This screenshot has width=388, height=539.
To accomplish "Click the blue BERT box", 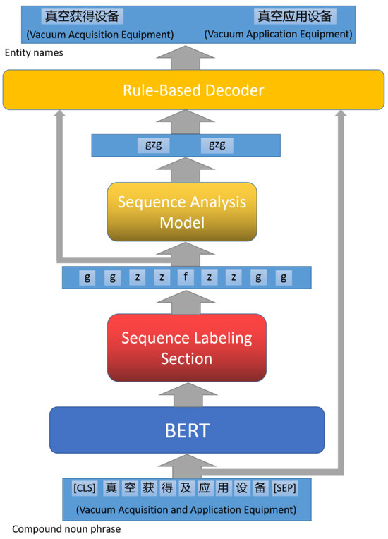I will [186, 430].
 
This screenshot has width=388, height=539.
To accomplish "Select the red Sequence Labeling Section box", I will [186, 348].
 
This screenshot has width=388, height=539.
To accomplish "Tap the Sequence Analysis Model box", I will [182, 212].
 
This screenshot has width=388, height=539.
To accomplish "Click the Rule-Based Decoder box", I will [193, 90].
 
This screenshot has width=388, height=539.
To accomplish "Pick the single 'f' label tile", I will [186, 277].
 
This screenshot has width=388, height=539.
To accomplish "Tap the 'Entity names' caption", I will [33, 53].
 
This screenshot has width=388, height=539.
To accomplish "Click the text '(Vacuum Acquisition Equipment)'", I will [99, 34].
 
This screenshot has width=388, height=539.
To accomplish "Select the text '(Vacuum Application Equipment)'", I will [278, 34].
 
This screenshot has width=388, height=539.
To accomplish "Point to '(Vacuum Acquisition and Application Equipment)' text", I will [186, 509].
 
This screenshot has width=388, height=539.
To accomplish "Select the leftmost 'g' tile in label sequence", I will [87, 277].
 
